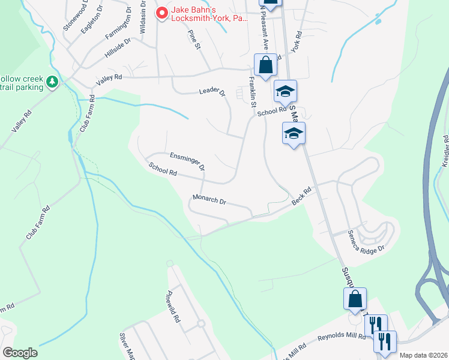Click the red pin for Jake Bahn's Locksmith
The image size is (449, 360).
click(161, 13)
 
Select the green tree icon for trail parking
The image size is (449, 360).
click(52, 82)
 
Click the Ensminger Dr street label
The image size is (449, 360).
click(187, 160)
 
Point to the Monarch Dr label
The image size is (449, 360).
click(209, 200)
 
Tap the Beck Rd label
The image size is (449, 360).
click(301, 197)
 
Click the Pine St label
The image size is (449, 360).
click(193, 40)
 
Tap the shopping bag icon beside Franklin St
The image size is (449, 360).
click(265, 65)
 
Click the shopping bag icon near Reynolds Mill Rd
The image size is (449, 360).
click(355, 299)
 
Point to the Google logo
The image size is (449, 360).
click(20, 352)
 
